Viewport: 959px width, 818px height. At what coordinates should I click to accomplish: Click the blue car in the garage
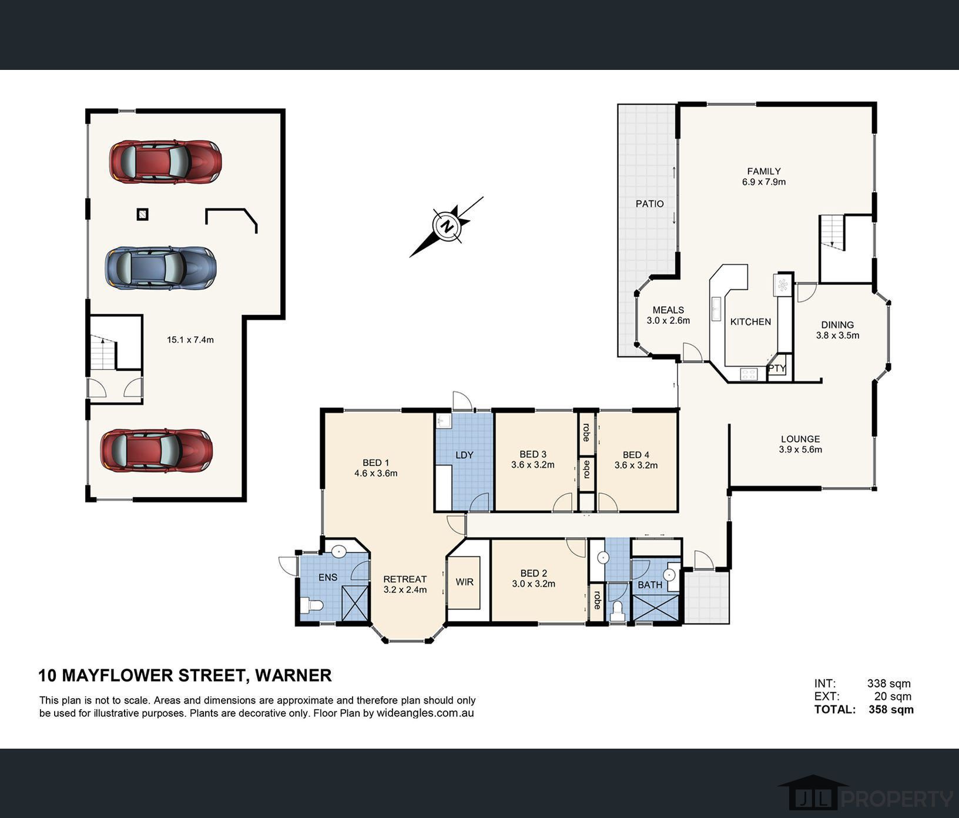[160, 268]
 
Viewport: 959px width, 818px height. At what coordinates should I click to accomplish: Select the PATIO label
[649, 204]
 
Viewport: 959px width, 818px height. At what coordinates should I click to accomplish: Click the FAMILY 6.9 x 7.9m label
[763, 177]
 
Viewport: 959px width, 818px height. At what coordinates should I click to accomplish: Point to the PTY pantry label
[777, 368]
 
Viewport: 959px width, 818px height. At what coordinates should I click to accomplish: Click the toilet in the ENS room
[311, 605]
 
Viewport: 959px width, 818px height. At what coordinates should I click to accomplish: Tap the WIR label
[464, 582]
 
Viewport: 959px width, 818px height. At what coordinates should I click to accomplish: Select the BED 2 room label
[534, 578]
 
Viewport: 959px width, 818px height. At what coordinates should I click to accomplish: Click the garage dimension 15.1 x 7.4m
[190, 340]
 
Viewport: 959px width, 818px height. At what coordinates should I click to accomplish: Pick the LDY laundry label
[464, 455]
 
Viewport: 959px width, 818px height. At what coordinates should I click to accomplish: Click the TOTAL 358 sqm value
[891, 709]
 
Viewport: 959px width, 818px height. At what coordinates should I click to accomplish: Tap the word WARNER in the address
[293, 675]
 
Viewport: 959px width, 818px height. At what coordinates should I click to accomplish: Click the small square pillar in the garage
[142, 214]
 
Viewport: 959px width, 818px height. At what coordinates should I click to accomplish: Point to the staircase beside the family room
[831, 232]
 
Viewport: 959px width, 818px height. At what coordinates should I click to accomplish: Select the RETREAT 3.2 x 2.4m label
[405, 584]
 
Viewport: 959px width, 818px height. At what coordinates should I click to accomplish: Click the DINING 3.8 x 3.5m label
[837, 330]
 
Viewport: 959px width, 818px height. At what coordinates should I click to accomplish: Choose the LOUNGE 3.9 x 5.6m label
[800, 444]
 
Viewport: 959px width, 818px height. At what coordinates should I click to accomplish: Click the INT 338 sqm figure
[888, 683]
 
